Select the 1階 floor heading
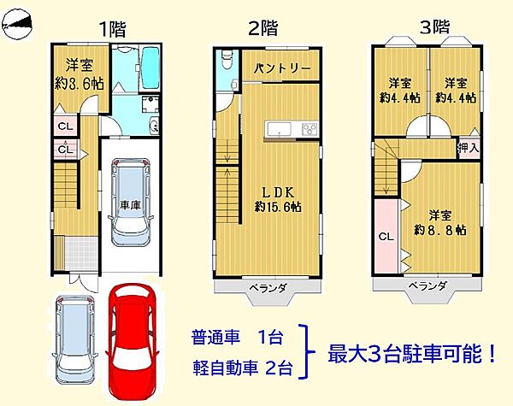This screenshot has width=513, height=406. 113,28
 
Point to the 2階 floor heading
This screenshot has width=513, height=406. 263,28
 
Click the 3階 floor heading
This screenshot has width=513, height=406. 434,26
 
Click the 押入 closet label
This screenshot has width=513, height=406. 468,149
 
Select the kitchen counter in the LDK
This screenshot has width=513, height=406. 292,130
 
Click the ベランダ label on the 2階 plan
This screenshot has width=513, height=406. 268,287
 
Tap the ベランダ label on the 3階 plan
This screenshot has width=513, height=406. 426,286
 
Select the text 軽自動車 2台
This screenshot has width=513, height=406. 243,369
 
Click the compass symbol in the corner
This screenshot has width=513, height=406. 20,27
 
